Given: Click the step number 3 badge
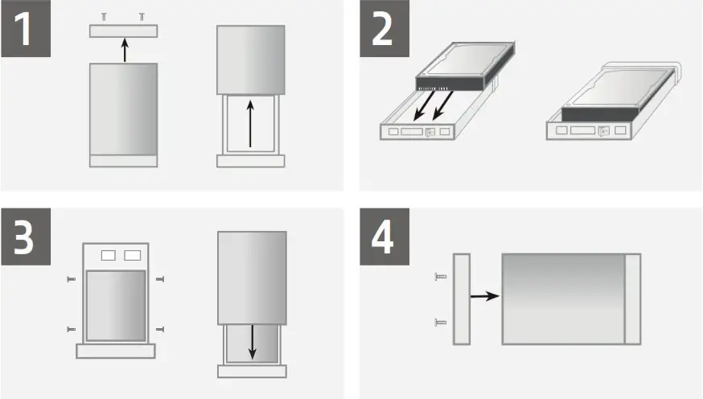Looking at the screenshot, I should (x=27, y=237).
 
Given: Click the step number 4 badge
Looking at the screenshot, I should (x=384, y=237).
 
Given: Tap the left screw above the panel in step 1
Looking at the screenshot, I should (x=104, y=16).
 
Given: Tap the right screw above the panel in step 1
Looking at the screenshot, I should (x=142, y=16).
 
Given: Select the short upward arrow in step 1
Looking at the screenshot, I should (x=123, y=50).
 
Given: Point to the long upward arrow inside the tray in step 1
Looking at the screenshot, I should (x=250, y=122).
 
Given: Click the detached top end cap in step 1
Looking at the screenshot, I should (x=123, y=31).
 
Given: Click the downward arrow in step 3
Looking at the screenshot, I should (x=252, y=342).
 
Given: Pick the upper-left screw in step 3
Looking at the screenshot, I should (x=71, y=280).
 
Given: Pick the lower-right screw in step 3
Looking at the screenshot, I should (x=160, y=328).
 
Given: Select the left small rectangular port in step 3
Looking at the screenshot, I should (x=108, y=256).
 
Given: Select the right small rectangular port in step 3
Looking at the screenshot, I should (x=132, y=256).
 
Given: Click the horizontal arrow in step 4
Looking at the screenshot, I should (x=483, y=296).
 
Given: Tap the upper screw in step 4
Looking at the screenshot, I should (x=439, y=277).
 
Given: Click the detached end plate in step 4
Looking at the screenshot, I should (x=462, y=299).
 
